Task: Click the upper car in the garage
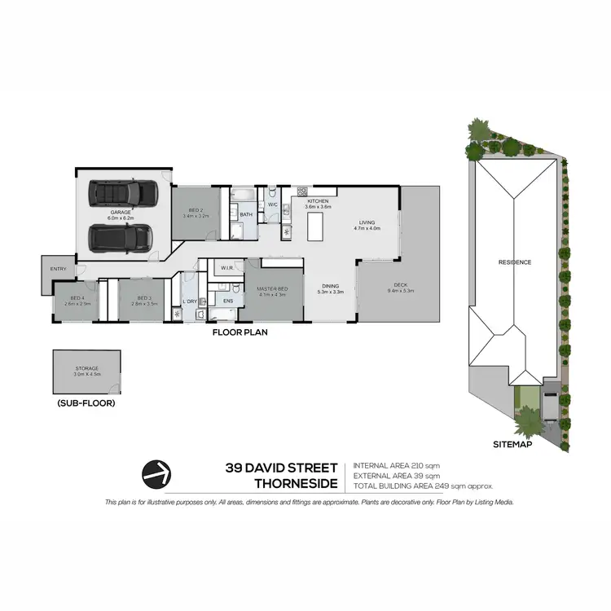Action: [123, 192]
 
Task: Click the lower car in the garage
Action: [121, 237]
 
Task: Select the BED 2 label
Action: [196, 211]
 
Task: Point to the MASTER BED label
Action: [272, 289]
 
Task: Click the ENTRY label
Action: [58, 269]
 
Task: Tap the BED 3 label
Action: [145, 300]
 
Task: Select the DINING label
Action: [330, 286]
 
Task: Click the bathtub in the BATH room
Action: [244, 196]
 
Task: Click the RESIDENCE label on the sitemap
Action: [515, 262]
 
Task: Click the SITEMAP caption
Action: [513, 446]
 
